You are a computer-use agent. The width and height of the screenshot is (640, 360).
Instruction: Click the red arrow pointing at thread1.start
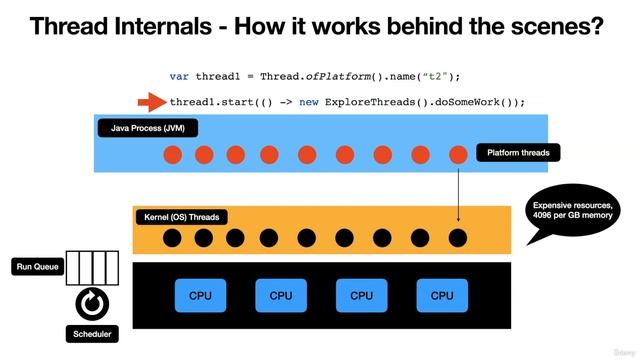(151, 102)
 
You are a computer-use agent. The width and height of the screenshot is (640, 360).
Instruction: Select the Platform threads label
(518, 153)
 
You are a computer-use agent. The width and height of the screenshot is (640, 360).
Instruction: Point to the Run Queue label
(37, 267)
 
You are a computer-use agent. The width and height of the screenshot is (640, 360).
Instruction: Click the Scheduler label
(92, 334)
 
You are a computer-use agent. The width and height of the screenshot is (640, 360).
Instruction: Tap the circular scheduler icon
(92, 301)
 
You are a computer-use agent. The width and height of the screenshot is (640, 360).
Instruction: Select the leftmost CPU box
(201, 295)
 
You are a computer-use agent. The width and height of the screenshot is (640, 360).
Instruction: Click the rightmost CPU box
(442, 295)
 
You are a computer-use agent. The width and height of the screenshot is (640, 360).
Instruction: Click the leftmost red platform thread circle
(172, 155)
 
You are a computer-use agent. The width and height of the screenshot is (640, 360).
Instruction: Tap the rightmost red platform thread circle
(458, 155)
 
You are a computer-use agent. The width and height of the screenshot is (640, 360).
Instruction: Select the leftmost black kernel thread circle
(172, 238)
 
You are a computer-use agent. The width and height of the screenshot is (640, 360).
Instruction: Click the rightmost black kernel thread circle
(458, 238)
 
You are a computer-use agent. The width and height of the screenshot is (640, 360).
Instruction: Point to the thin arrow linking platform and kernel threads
(458, 195)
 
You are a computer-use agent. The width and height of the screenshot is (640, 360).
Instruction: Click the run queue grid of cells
(92, 267)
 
